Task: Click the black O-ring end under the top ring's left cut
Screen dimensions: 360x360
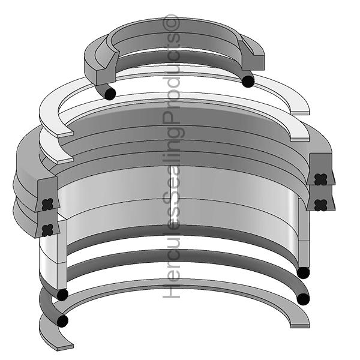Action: click(x=109, y=93)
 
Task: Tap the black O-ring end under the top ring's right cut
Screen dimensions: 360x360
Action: click(x=247, y=80)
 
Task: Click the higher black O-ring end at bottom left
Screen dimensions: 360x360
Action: click(x=61, y=295)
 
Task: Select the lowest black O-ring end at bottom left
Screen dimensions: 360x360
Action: click(x=61, y=321)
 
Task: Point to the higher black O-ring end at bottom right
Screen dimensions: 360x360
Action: click(x=304, y=273)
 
